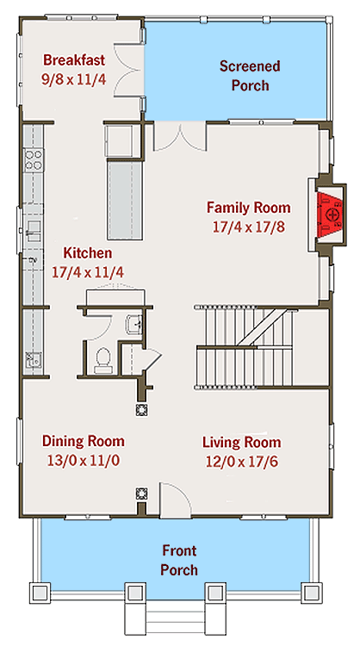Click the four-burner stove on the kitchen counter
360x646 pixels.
[34, 158]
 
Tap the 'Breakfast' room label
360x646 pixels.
[74, 60]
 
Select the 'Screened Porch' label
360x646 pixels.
[250, 76]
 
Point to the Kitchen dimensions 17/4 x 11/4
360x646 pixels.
[88, 272]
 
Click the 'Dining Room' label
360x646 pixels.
[84, 442]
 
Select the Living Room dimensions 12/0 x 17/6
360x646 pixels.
[242, 461]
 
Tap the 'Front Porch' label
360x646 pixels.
[178, 560]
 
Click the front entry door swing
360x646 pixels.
[172, 497]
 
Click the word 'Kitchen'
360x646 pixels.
[88, 253]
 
